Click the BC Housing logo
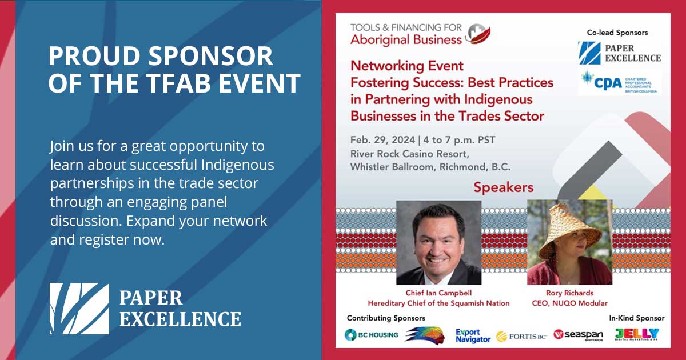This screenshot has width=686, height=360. [x=371, y=335]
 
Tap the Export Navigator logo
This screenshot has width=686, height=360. [x=473, y=336]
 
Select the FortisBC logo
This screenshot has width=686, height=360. [x=521, y=337]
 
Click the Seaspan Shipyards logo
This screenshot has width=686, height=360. [x=578, y=335]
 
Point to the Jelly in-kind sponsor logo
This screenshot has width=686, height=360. [x=637, y=334]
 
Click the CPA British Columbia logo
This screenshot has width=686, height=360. [x=619, y=83]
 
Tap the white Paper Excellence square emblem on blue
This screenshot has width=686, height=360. [x=79, y=309]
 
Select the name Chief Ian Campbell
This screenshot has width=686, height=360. [x=438, y=293]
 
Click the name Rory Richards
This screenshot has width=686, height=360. [x=569, y=293]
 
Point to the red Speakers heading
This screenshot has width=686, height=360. [x=504, y=187]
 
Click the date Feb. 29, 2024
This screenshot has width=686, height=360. [x=382, y=140]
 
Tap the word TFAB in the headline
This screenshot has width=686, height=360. [x=178, y=83]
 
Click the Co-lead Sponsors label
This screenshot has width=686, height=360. [x=617, y=33]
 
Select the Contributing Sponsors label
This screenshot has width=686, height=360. [x=386, y=318]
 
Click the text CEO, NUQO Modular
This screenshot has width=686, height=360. [x=569, y=303]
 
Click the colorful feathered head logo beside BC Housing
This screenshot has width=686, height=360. [x=425, y=335]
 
